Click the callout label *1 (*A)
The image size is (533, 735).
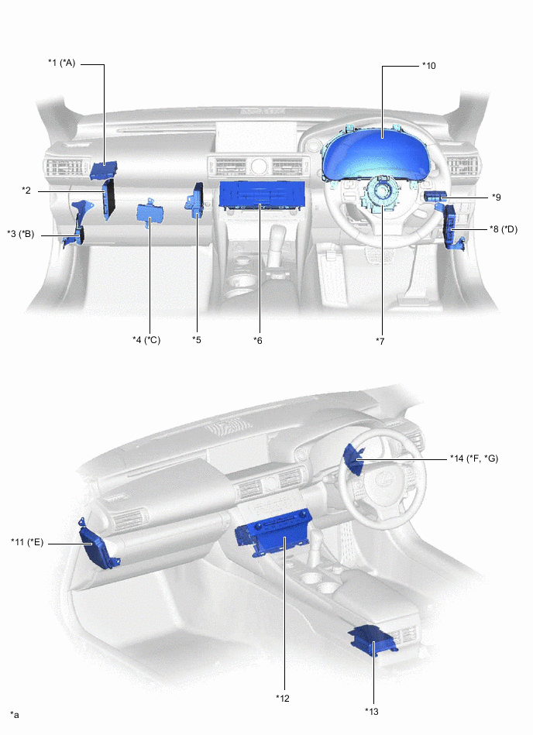click(61, 64)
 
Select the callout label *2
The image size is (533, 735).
click(26, 190)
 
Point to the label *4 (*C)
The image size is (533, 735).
click(146, 339)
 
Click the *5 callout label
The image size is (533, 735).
click(197, 339)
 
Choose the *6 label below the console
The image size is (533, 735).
click(259, 339)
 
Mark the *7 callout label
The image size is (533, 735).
click(380, 340)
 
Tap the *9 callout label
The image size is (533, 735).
click(496, 197)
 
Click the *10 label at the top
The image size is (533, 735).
click(429, 66)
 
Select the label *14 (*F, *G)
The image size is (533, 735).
click(474, 459)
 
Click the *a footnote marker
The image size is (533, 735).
click(14, 714)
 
